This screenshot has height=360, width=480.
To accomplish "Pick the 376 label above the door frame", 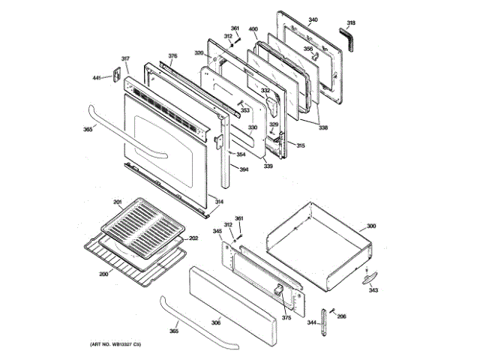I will pyautogui.click(x=172, y=56).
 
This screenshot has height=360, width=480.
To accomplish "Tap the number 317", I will pyautogui.click(x=125, y=58).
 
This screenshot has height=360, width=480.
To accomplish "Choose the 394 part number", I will pyautogui.click(x=244, y=169).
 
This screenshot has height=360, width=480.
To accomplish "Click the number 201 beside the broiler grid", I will pyautogui.click(x=117, y=202).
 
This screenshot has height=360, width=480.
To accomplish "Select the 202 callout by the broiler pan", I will pyautogui.click(x=193, y=238).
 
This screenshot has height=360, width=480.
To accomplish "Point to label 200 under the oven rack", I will pyautogui.click(x=103, y=273).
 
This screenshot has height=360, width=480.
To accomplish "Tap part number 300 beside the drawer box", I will pyautogui.click(x=370, y=225).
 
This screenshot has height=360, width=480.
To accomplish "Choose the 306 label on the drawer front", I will pyautogui.click(x=215, y=322).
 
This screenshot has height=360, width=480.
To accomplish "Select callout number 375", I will pyautogui.click(x=286, y=318).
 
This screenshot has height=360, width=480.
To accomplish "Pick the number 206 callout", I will pyautogui.click(x=341, y=317).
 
